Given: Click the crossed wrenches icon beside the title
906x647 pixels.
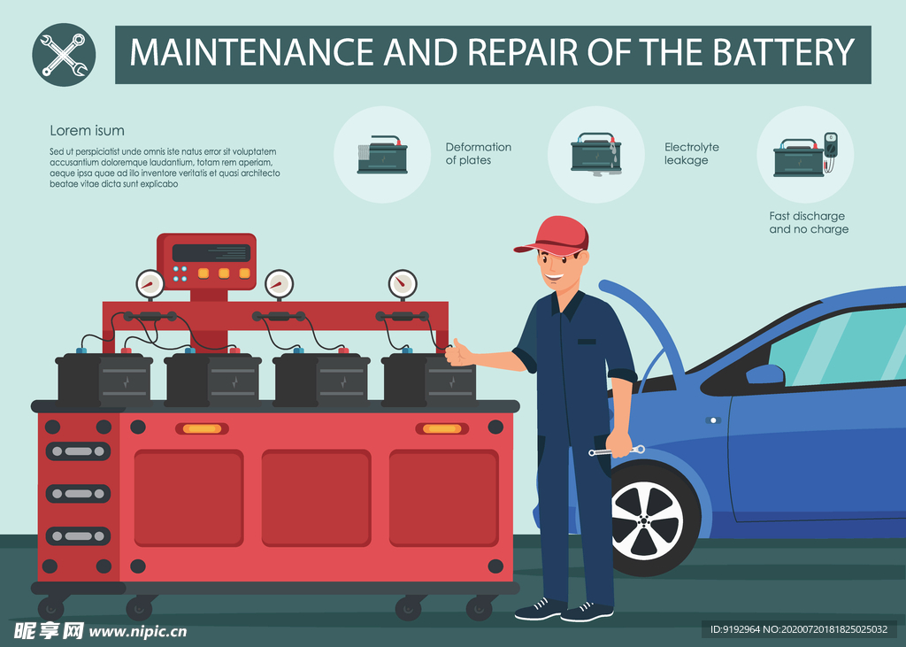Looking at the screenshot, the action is [64, 55].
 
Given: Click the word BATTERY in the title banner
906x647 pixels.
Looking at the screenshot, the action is [783, 52].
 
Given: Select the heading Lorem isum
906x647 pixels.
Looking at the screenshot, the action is [87, 131].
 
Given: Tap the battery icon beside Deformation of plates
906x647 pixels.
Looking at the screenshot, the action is [382, 154].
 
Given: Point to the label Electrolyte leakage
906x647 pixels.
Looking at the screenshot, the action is [692, 154].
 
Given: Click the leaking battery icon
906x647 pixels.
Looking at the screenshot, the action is [596, 154].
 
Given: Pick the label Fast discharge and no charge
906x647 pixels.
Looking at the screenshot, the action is [809, 223].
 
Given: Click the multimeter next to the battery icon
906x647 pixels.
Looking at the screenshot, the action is [830, 148].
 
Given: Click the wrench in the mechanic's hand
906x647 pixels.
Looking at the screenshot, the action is [617, 451].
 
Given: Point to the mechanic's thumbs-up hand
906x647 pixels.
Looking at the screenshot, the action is [459, 352].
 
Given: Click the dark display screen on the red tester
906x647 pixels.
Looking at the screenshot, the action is [211, 252].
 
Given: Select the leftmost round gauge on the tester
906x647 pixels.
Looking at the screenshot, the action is [150, 283].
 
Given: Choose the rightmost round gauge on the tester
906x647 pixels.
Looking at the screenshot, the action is [403, 283].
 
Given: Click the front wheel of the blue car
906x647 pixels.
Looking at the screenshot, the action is [647, 520].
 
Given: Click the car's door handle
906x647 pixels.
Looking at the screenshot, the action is [713, 420].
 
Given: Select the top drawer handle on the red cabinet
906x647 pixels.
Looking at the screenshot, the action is [78, 451].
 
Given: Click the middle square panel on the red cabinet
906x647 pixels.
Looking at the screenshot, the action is [316, 497].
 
